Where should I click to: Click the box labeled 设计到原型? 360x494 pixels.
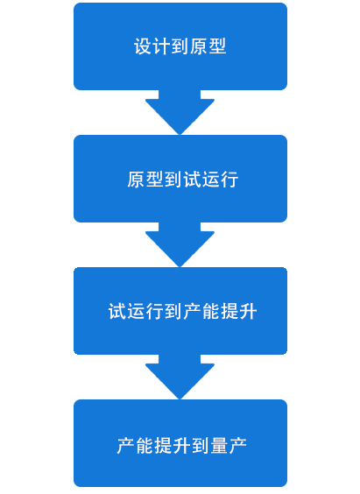point(180,46)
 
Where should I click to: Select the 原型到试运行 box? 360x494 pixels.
point(180,179)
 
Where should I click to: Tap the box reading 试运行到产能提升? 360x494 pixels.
point(180,311)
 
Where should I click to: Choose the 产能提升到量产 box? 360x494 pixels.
point(180,443)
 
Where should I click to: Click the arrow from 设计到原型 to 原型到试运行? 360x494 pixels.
point(180,112)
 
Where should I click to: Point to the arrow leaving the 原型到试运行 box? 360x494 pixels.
point(180,244)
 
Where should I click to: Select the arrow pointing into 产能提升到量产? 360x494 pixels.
point(180,378)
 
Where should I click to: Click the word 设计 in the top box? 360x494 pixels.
point(152,46)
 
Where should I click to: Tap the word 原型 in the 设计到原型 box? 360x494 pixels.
point(208,46)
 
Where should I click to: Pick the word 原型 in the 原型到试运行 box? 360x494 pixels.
point(145,180)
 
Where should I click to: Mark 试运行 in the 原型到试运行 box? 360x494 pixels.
point(211,180)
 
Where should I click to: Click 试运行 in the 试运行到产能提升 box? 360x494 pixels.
point(136,311)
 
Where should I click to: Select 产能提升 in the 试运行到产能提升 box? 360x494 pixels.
point(220,311)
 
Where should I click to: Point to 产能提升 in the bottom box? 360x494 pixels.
point(154,446)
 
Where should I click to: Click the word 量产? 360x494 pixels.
point(229,446)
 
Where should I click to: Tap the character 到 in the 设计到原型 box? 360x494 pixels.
point(180,46)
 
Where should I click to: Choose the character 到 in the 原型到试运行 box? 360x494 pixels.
point(173,180)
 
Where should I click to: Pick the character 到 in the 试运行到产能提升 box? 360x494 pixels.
point(173,311)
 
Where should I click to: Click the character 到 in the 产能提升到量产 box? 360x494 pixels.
point(201,446)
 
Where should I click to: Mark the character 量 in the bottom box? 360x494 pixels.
point(220,446)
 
